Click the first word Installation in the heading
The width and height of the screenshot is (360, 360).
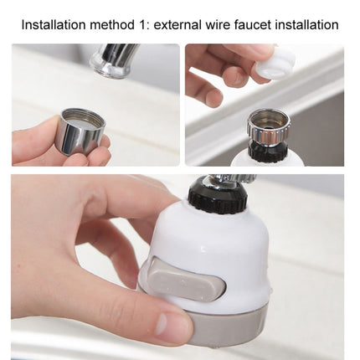54,24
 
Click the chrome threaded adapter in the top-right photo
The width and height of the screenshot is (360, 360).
267,123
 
